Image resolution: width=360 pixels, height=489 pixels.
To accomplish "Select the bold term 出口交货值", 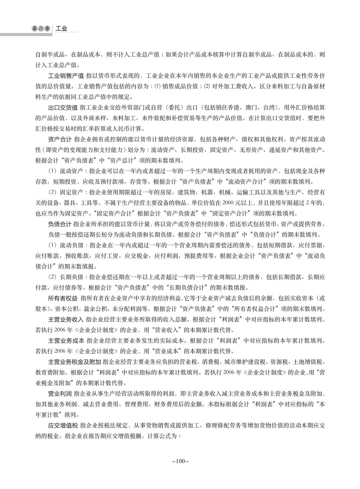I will pyautogui.click(x=63, y=108).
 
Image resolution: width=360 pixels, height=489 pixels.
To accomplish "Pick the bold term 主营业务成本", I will pyautogui.click(x=66, y=341).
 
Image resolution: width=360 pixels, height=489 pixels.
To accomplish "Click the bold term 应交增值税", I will pyautogui.click(x=63, y=426).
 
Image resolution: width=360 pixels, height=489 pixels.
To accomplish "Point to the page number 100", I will pyautogui.click(x=180, y=461).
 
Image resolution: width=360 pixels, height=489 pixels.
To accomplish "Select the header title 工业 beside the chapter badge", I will pyautogui.click(x=61, y=29).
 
